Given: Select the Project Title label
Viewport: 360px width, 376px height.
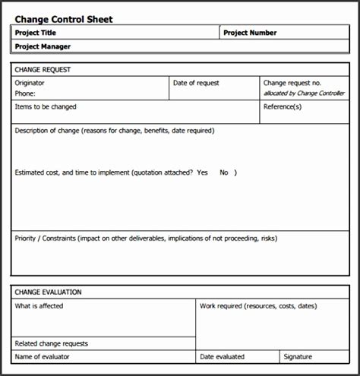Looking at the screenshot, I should pos(36,33).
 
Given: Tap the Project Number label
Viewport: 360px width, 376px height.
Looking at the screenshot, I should pos(251,33).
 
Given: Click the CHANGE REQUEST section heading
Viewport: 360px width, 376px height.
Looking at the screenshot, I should pos(43,69).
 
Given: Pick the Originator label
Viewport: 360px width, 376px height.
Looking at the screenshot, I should pos(30,83).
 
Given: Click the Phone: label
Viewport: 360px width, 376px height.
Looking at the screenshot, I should pos(25,93).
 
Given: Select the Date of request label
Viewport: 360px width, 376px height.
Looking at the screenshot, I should pos(197,83).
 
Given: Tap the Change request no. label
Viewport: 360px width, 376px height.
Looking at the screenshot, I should pos(292,83).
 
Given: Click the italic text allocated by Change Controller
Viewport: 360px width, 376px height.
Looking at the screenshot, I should pos(304,93).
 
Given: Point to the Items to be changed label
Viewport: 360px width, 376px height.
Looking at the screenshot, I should pos(46,107).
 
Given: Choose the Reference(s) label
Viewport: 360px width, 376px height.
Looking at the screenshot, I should pos(283,107).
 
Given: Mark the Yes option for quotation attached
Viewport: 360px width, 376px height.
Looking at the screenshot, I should pos(202,172).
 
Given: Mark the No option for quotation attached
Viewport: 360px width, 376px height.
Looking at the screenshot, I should pos(224,172).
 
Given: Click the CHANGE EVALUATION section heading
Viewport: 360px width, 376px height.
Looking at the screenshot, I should pos(49,292).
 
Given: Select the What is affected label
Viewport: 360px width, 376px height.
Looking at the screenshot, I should pos(39,306).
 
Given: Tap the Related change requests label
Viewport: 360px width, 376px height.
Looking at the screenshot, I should pos(51,343).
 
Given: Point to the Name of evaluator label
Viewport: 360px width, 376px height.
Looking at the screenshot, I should pos(44,356).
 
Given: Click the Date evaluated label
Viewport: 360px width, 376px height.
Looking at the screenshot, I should pos(222,356).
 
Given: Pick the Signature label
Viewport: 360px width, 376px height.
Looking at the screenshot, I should pos(298,356).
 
